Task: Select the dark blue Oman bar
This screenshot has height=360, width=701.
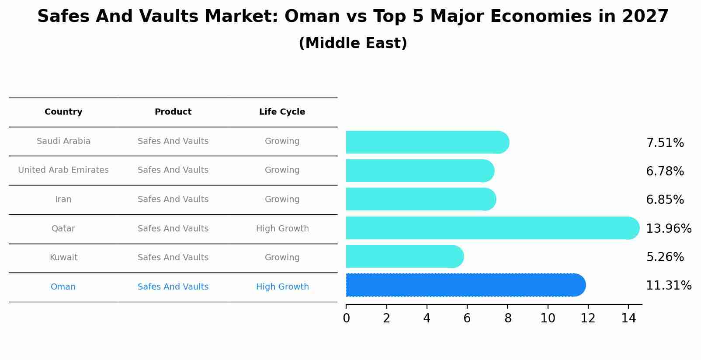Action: coord(465,285)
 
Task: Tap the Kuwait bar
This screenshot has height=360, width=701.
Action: coord(404,256)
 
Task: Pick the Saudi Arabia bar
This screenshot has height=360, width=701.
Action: coord(427,142)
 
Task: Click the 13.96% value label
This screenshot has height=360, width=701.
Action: coord(668,228)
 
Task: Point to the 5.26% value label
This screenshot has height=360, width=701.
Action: coord(665,257)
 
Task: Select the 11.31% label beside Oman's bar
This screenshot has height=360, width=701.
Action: coord(668,286)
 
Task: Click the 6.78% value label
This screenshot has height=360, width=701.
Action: coord(665,171)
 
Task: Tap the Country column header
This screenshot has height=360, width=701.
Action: coord(63,112)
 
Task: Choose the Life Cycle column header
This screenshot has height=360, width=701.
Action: coord(282,112)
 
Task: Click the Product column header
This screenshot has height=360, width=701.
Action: coord(173,112)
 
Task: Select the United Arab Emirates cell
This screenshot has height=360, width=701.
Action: coord(63,170)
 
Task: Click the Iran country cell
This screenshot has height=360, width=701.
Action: coord(63,199)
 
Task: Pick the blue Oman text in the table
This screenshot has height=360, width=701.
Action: coord(63,287)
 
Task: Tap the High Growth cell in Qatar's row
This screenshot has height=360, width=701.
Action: coord(282,229)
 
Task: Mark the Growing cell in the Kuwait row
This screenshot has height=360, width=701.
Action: coord(282,258)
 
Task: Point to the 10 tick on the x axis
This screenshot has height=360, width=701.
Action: coord(548,318)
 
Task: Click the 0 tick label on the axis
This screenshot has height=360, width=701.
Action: coord(346,318)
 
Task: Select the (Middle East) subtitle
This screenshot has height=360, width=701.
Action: coord(353,43)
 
